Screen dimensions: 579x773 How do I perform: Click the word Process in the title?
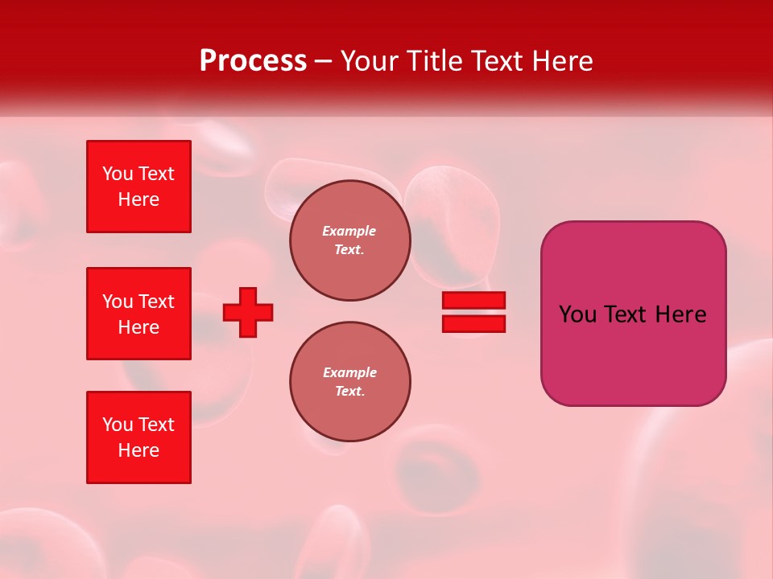pyautogui.click(x=253, y=61)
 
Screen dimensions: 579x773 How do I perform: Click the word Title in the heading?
pyautogui.click(x=433, y=61)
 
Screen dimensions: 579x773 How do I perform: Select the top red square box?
pyautogui.click(x=138, y=187)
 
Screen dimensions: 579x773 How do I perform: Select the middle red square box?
pyautogui.click(x=138, y=314)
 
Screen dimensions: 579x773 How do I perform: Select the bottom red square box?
pyautogui.click(x=138, y=437)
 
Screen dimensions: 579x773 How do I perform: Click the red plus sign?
pyautogui.click(x=248, y=312)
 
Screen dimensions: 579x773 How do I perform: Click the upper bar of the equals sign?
pyautogui.click(x=473, y=300)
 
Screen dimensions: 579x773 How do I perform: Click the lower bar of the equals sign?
pyautogui.click(x=473, y=324)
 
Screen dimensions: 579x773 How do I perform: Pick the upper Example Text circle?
pyautogui.click(x=349, y=240)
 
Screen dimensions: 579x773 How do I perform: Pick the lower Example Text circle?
pyautogui.click(x=349, y=382)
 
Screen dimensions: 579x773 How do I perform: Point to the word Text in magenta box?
pyautogui.click(x=626, y=314)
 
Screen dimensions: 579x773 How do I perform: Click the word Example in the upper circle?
pyautogui.click(x=349, y=231)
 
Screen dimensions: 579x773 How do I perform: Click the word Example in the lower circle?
pyautogui.click(x=349, y=372)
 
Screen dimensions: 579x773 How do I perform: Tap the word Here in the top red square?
pyautogui.click(x=138, y=199)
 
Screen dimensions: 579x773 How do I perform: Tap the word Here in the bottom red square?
pyautogui.click(x=138, y=450)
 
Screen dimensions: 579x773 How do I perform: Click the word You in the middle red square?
pyautogui.click(x=118, y=302)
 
